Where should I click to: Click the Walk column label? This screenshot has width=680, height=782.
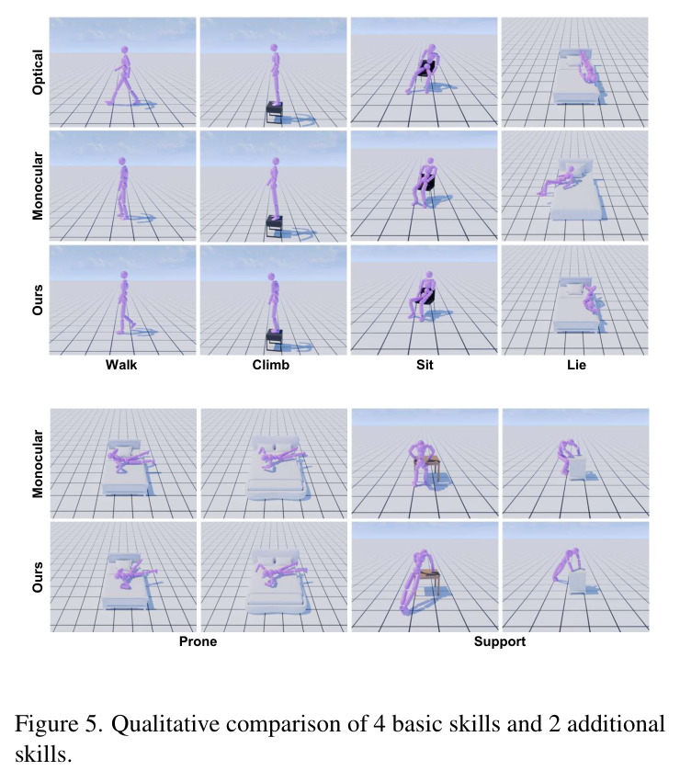[x=121, y=365]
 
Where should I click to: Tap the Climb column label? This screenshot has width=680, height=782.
[x=271, y=365]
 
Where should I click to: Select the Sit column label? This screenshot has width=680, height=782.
[x=425, y=365]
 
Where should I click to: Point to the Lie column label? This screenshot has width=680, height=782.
[x=576, y=365]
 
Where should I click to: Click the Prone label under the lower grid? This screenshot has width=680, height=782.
[x=198, y=641]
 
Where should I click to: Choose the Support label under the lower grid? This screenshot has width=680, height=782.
[x=500, y=641]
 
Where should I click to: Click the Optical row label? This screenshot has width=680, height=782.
[x=38, y=72]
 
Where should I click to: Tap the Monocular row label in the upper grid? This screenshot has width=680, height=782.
[x=38, y=186]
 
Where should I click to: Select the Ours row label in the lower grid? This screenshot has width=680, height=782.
[x=38, y=577]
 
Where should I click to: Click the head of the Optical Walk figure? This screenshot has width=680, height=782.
[x=124, y=50]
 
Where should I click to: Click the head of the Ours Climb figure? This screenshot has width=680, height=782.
[x=271, y=277]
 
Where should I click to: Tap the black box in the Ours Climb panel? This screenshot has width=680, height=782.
[x=275, y=339]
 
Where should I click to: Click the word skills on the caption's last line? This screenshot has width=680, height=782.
[x=43, y=754]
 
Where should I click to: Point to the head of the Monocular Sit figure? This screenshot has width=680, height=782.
[x=431, y=162]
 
